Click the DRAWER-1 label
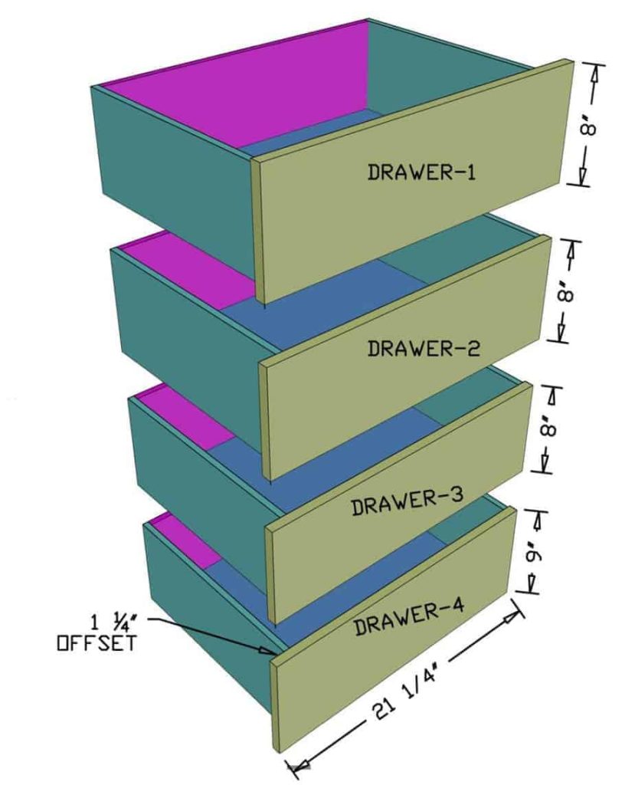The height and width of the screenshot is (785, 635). pos(421,171)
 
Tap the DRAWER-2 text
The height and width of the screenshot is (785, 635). pos(424,349)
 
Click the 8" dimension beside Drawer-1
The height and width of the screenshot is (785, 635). pos(588,125)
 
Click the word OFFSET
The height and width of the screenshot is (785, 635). pos(97,642)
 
